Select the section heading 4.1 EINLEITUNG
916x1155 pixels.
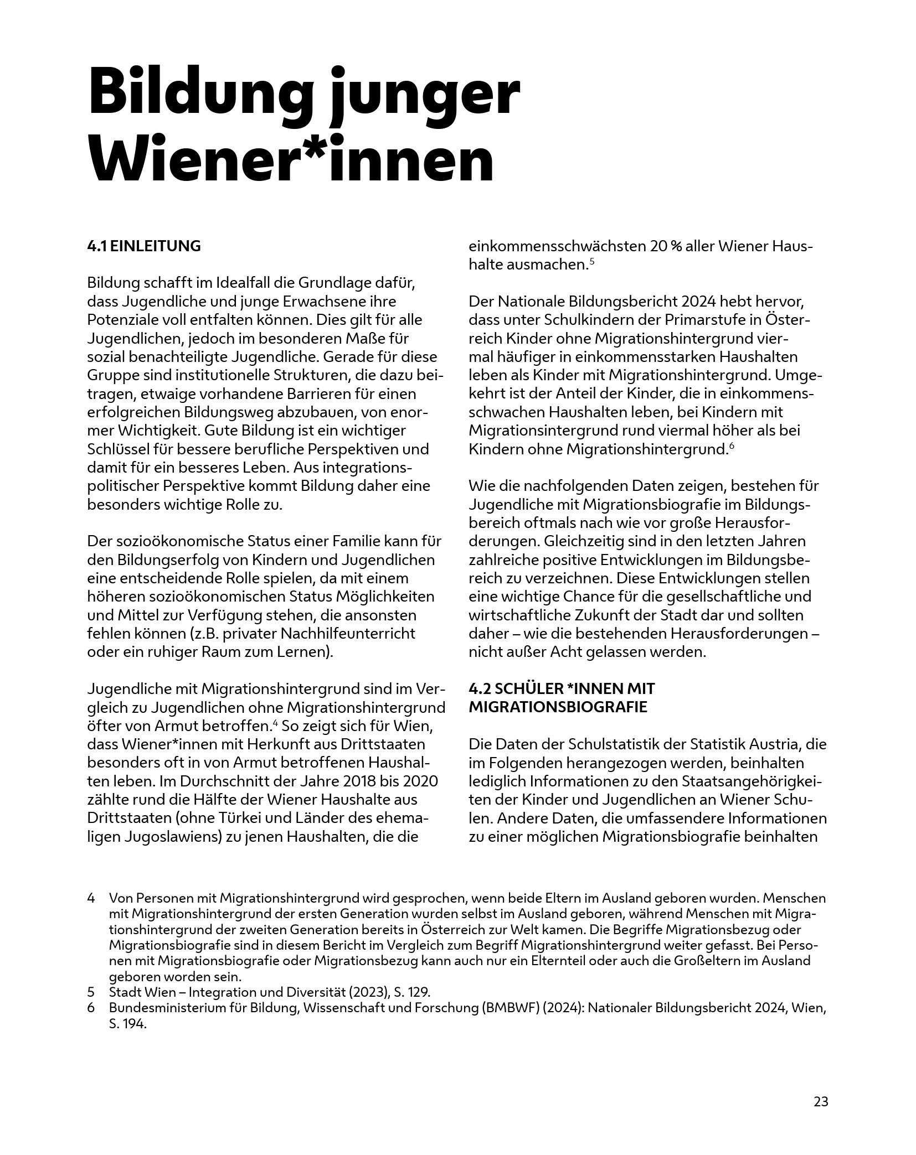pos(144,246)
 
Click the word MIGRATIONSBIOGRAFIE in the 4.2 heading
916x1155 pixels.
pos(558,707)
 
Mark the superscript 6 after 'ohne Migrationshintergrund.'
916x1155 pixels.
pos(731,446)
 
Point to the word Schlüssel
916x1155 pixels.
pos(119,449)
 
